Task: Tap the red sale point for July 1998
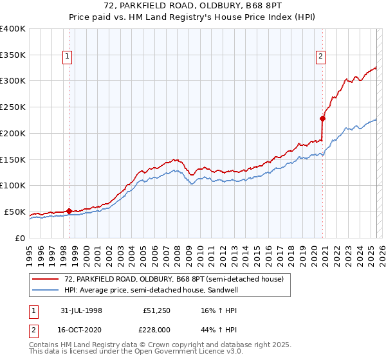[69, 211]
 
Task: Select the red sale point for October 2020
[322, 118]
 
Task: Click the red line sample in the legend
[46, 278]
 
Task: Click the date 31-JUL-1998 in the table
[81, 310]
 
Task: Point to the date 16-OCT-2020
[81, 329]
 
